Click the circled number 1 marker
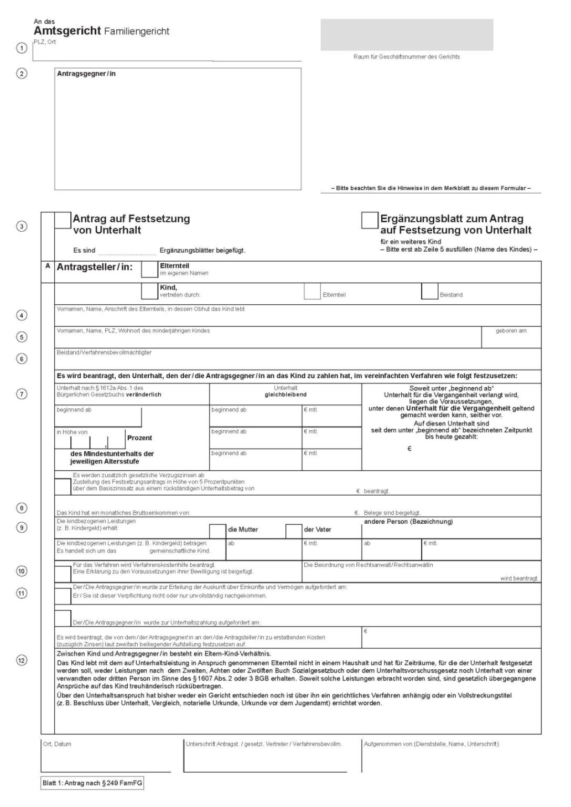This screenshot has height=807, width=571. [x=22, y=49]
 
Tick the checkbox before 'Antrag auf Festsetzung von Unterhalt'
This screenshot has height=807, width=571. [x=63, y=220]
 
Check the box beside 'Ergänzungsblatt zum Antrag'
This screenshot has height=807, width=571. [x=369, y=220]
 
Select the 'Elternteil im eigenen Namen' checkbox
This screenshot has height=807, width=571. [x=149, y=269]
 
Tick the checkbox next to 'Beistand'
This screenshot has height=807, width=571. [x=429, y=291]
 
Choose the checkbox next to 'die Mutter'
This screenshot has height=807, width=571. [x=217, y=531]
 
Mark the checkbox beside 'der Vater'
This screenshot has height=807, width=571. [x=293, y=531]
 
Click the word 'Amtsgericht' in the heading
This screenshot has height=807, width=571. [x=67, y=32]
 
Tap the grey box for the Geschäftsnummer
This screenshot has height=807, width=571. [x=407, y=35]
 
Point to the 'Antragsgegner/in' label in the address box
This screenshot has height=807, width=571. [x=86, y=74]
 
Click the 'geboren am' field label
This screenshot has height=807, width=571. [x=511, y=331]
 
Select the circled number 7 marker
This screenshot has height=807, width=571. [x=22, y=394]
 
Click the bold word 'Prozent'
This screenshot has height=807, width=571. [x=139, y=438]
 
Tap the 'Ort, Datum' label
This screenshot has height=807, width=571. [x=57, y=744]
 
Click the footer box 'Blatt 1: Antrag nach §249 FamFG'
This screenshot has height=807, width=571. [x=92, y=783]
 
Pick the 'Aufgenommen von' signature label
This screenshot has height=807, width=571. [x=431, y=744]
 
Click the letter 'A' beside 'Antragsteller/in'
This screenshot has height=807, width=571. [x=48, y=266]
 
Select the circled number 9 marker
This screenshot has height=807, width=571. [x=22, y=528]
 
